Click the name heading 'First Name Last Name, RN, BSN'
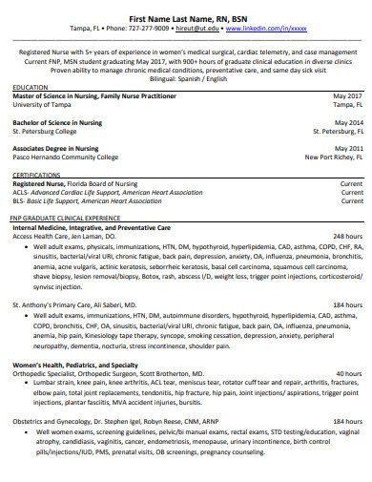[x=187, y=19]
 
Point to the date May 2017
[x=347, y=96]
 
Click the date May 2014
[x=347, y=123]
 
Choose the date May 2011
[x=347, y=149]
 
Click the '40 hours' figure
[x=349, y=373]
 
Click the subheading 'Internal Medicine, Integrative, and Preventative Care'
[x=93, y=226]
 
